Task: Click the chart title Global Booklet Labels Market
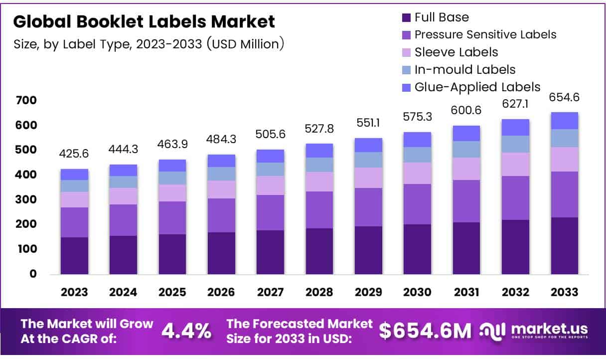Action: tap(144, 21)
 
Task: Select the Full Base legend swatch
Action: tap(407, 18)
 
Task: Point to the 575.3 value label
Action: tap(418, 118)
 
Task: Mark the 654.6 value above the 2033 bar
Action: tap(565, 97)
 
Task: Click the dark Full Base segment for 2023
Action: tap(74, 255)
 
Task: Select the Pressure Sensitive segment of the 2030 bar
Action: tap(418, 204)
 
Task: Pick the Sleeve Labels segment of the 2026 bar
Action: tap(221, 189)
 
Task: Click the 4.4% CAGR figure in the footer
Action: tap(186, 331)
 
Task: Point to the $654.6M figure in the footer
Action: tap(426, 331)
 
